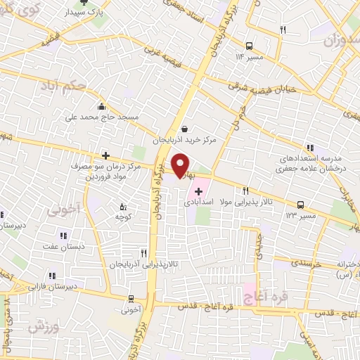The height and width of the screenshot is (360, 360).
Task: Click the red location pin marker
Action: click(182, 165)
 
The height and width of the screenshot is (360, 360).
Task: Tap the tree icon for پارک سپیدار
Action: click(85, 1)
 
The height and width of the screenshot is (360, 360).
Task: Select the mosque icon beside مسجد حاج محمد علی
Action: click(103, 107)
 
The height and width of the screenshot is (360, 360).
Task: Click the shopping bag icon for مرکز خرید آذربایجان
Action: click(185, 128)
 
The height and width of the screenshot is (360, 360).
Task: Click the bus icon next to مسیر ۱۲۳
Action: click(301, 205)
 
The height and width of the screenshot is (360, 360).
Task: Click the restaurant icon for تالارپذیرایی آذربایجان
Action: click(143, 252)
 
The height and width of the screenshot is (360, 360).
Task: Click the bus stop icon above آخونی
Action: click(131, 298)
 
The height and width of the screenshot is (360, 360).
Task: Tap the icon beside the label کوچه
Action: click(124, 207)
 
